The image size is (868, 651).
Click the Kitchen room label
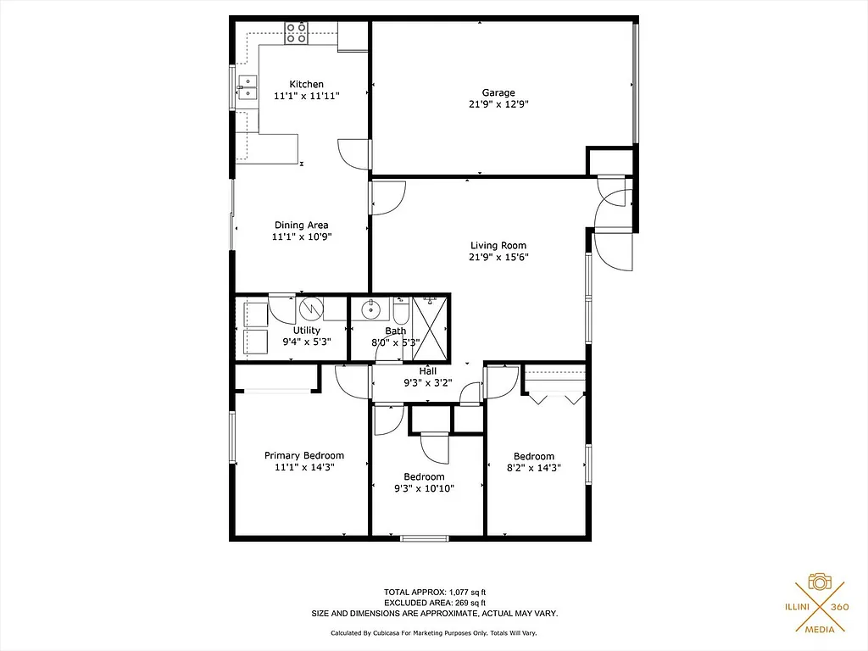tap(306, 84)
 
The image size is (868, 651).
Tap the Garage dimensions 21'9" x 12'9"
tap(498, 105)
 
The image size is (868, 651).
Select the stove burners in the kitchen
tap(297, 33)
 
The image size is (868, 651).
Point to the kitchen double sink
tap(248, 88)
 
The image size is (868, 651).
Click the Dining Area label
tap(301, 225)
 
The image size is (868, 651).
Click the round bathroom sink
tap(370, 309)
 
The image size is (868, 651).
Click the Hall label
tap(428, 370)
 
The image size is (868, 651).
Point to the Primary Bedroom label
tap(304, 455)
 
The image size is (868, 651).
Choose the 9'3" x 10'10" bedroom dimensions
tap(424, 488)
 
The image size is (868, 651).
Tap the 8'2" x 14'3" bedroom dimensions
tap(533, 468)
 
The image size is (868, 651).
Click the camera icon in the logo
tap(819, 581)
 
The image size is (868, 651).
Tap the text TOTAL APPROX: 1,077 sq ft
tap(434, 592)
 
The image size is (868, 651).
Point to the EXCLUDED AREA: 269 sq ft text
tap(434, 603)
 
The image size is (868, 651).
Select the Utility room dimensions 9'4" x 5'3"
tap(306, 342)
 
